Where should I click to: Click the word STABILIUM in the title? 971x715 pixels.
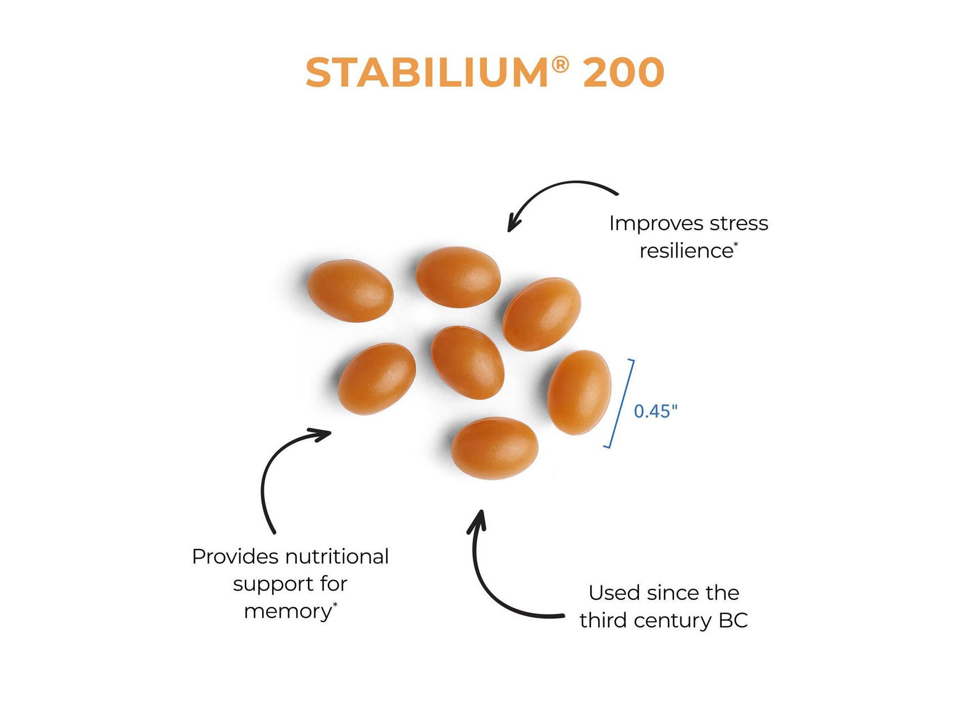427,73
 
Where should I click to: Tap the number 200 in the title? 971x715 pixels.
623,73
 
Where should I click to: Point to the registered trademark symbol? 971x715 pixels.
561,65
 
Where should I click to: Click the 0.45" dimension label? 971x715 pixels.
656,411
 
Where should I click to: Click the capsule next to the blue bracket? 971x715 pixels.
579,392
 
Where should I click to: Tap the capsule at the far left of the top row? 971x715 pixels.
350,290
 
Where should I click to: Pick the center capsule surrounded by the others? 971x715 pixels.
468,363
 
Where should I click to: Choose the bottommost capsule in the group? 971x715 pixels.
495,448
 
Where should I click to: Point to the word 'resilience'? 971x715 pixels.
686,251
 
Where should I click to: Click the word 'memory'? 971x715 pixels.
288,612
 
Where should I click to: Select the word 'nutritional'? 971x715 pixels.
337,556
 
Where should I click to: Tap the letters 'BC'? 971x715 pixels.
733,621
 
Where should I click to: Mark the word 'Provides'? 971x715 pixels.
235,556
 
